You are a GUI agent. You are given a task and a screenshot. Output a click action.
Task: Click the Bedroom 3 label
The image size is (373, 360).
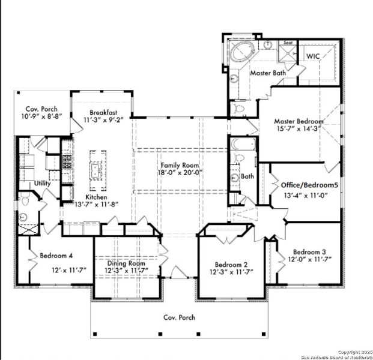tap(309, 251)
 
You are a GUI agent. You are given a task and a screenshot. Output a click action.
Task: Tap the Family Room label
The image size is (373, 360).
tap(180, 164)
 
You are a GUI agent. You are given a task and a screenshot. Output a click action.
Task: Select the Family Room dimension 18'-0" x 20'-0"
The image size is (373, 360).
tap(180, 172)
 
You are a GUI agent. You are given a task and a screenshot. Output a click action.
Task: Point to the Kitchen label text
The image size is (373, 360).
tap(96, 196)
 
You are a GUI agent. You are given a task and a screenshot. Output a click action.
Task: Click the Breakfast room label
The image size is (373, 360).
tap(103, 112)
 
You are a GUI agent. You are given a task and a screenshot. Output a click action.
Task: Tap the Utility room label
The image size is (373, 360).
tap(42, 183)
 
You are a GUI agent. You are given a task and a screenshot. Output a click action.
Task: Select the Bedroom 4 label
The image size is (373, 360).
tap(56, 256)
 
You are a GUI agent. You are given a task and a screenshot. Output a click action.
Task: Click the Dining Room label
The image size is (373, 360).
tap(126, 263)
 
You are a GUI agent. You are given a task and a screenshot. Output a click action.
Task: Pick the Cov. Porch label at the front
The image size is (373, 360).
tap(180, 317)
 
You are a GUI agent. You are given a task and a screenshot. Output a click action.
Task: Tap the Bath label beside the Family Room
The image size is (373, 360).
tap(247, 177)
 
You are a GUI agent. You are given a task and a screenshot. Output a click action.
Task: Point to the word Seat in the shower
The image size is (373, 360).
tap(288, 43)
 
